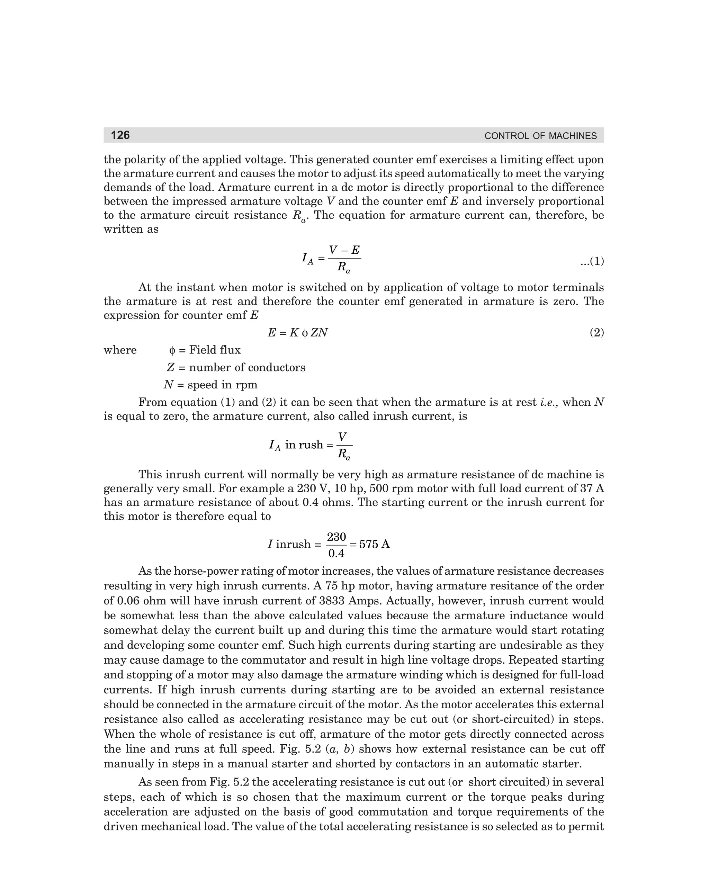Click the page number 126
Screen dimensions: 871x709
pyautogui.click(x=120, y=135)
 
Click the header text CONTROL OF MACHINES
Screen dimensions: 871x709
pyautogui.click(x=540, y=136)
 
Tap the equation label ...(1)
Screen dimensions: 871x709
pyautogui.click(x=592, y=261)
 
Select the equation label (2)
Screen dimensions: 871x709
pyautogui.click(x=597, y=333)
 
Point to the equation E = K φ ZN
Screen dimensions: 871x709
pyautogui.click(x=298, y=333)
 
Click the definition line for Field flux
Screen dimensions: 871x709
pyautogui.click(x=205, y=350)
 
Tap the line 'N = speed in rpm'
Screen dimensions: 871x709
pyautogui.click(x=210, y=385)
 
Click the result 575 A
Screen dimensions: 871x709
pyautogui.click(x=374, y=544)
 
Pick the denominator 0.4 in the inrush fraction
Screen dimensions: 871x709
pyautogui.click(x=336, y=554)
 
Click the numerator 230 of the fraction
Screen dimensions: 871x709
pyautogui.click(x=336, y=537)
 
